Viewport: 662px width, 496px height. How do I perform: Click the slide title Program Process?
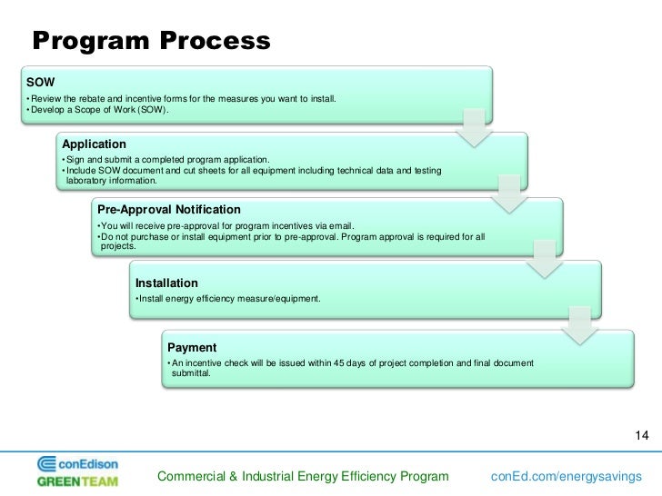tap(151, 41)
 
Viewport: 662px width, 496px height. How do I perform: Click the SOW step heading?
tap(41, 82)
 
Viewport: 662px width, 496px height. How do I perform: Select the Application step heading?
tap(94, 144)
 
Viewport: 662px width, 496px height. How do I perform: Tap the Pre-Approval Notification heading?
tap(169, 210)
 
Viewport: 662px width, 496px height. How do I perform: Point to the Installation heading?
tap(166, 283)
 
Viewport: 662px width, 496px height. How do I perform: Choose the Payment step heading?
tap(192, 348)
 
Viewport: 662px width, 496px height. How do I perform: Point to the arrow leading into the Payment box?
tap(581, 323)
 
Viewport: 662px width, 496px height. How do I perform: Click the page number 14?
tap(640, 435)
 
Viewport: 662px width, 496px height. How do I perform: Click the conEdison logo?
tap(78, 463)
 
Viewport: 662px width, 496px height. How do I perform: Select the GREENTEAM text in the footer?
tap(77, 481)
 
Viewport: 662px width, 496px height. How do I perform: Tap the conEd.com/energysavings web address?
tap(566, 477)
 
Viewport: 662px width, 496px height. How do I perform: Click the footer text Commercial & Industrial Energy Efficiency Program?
tap(303, 477)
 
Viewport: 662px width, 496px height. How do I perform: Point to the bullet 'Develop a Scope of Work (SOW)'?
tap(98, 111)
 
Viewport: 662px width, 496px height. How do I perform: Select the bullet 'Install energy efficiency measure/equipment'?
tap(227, 299)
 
